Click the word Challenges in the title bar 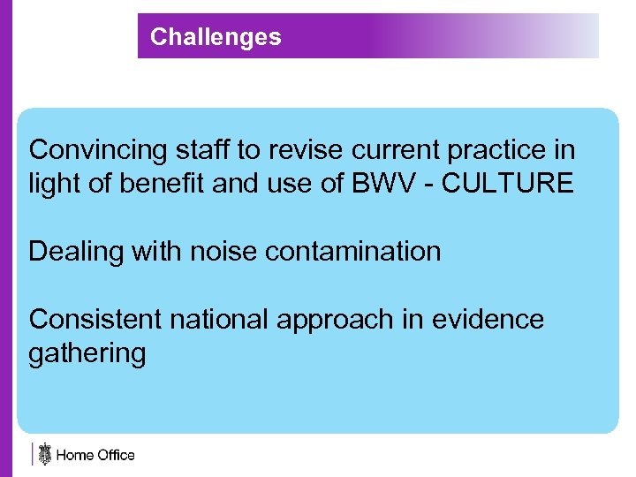(216, 37)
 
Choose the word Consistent (95, 319)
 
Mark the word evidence (488, 319)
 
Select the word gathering (87, 354)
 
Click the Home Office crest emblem (44, 454)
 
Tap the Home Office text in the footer (95, 456)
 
